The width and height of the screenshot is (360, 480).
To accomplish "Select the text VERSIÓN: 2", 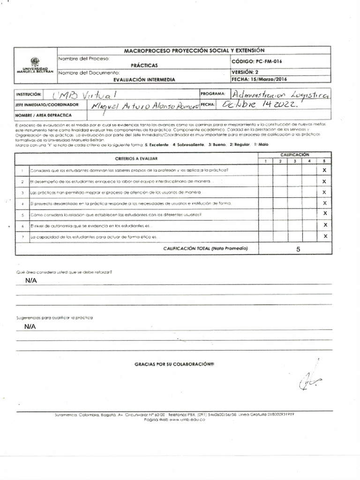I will pos(245,72).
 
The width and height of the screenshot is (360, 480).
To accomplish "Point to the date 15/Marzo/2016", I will pos(268,80).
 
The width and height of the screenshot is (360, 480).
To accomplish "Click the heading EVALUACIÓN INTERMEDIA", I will pos(144,80).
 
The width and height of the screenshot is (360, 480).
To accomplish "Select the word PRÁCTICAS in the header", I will pos(144,65).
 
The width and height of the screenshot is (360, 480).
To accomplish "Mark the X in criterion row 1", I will pos(324,171).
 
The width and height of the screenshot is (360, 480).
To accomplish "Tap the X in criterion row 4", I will pos(324,203).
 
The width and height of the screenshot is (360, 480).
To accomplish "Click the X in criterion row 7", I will pos(324,236).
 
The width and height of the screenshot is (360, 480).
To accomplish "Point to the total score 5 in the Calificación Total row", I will pos(298,249).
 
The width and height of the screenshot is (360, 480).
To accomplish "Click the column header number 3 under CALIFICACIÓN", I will pos(294,161).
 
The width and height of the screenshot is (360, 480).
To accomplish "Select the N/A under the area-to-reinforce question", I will pos(31,280).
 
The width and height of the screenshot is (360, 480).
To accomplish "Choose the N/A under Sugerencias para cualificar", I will pos(31,326).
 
